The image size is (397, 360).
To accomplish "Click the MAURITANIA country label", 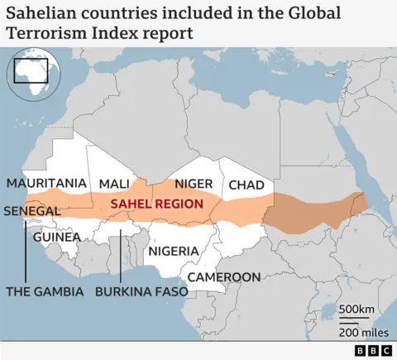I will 46,183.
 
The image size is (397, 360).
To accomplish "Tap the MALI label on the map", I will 114,184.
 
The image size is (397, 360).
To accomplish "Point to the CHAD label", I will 246,185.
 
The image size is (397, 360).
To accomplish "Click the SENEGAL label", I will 32,211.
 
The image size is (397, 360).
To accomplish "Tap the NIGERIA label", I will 173,251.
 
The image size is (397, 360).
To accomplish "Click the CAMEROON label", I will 224,277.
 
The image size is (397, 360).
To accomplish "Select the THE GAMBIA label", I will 45,291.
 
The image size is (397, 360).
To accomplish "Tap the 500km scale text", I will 356,310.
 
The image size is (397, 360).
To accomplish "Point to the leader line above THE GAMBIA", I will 26,248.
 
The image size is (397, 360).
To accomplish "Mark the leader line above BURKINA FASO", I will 122,257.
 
